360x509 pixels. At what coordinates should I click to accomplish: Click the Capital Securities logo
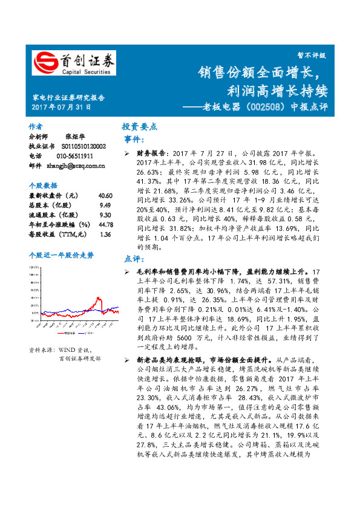click(x=73, y=62)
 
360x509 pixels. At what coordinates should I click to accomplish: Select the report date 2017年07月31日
click(x=61, y=108)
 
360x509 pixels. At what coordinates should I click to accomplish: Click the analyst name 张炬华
click(x=71, y=137)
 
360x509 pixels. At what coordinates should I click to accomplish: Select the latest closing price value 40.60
click(x=105, y=196)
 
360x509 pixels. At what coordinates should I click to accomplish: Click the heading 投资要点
click(x=140, y=127)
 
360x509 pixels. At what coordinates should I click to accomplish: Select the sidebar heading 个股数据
click(x=43, y=185)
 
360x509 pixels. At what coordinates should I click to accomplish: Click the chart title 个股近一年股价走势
click(x=61, y=255)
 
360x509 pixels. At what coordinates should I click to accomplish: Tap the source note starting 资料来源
click(x=61, y=350)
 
